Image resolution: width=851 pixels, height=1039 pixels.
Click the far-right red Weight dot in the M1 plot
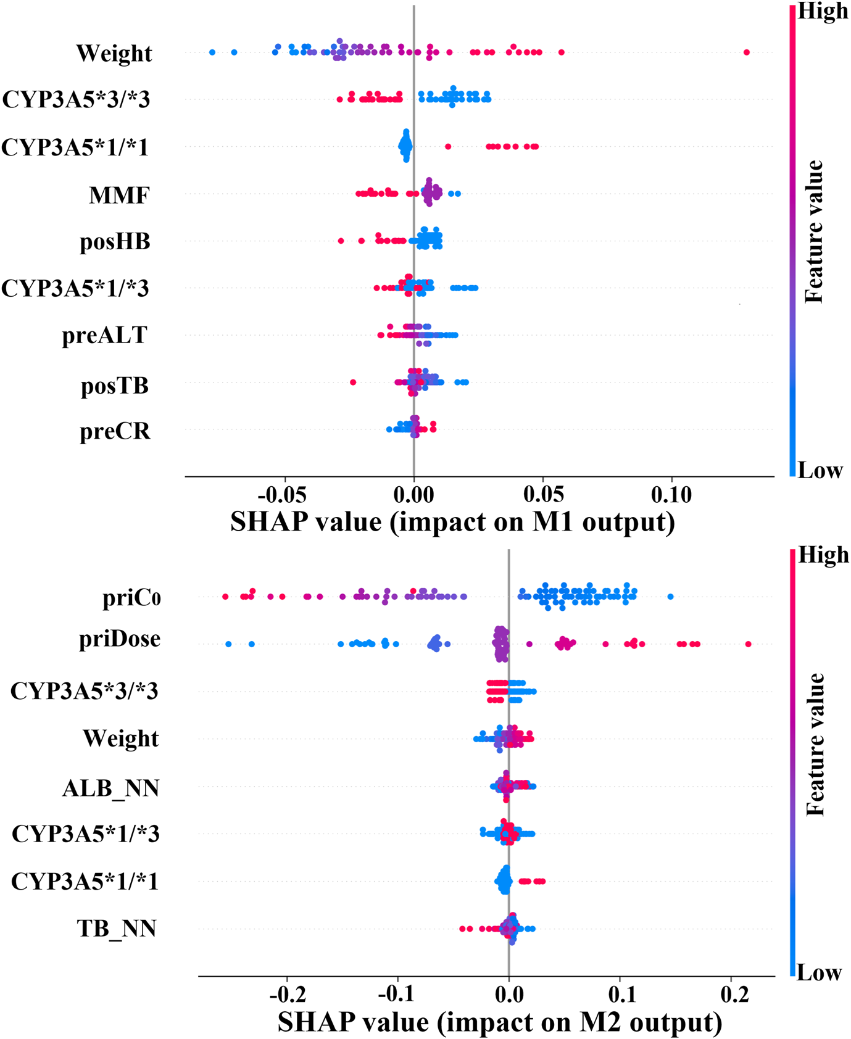click(x=747, y=52)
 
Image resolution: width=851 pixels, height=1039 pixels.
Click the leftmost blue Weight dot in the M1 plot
click(x=212, y=52)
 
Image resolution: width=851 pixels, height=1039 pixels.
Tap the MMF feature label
click(x=119, y=196)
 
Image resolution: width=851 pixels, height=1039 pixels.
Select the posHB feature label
click(x=115, y=241)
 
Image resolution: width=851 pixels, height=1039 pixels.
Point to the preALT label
click(x=104, y=335)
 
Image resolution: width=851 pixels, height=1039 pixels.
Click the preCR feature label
click(x=115, y=431)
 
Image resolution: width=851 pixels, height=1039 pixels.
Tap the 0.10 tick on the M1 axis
click(x=671, y=494)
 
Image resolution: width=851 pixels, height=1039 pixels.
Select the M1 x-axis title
click(x=452, y=522)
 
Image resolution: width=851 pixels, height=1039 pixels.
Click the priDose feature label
click(x=120, y=639)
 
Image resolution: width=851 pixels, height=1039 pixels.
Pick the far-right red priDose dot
click(x=748, y=644)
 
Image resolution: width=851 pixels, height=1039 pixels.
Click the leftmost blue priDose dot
click(x=228, y=644)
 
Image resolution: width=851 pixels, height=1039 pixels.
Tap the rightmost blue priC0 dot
click(x=671, y=596)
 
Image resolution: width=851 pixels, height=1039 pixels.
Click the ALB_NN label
click(x=110, y=788)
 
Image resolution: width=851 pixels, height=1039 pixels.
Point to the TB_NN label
click(x=116, y=928)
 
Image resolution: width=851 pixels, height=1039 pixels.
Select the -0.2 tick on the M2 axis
click(x=286, y=995)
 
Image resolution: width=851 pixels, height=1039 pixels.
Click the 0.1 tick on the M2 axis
click(x=620, y=995)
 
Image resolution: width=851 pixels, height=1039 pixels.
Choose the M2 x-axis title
click(x=499, y=1022)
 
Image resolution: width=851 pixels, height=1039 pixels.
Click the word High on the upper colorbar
click(x=823, y=11)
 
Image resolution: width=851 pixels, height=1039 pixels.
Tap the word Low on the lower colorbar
click(x=819, y=973)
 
